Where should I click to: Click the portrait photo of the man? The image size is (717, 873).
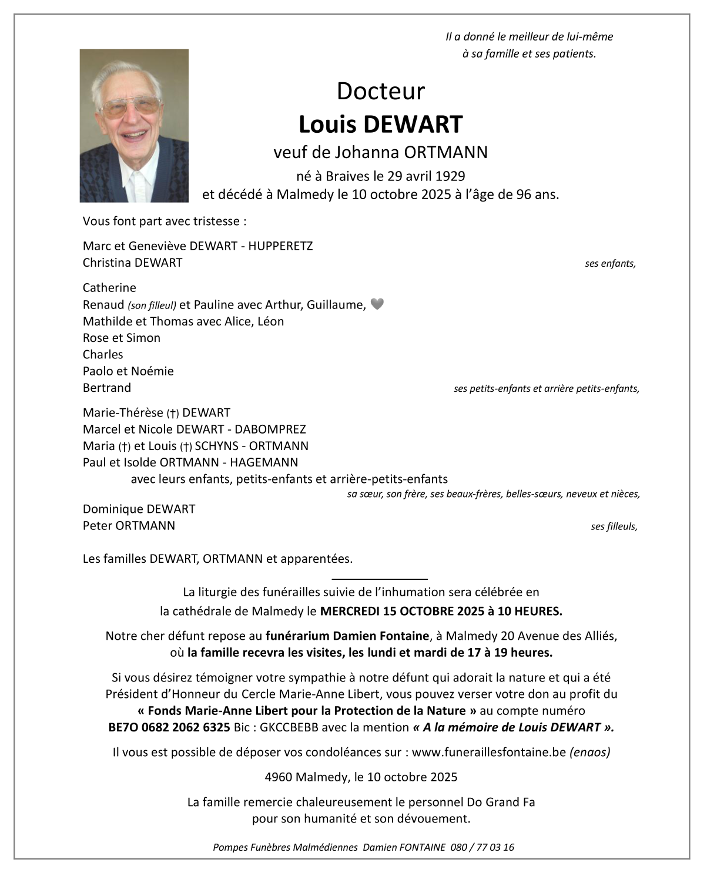tap(134, 125)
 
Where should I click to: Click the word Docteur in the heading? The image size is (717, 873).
tap(380, 91)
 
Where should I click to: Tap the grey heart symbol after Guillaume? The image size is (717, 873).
tap(377, 304)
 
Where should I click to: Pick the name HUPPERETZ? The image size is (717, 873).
tap(280, 246)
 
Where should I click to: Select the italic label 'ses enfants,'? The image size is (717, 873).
tap(610, 264)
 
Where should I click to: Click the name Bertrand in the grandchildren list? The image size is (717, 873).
tap(107, 388)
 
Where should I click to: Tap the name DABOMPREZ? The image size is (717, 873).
tap(270, 429)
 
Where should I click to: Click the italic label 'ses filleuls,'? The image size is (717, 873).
tap(614, 526)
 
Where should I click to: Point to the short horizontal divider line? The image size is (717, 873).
tap(380, 579)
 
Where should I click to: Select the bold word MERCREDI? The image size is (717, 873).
tap(349, 611)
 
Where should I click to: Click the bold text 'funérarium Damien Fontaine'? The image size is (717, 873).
tap(347, 636)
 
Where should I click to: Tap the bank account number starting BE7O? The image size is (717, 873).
tap(169, 727)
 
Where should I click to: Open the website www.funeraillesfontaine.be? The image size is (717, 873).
tap(488, 752)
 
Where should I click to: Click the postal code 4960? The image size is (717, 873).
tap(278, 777)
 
